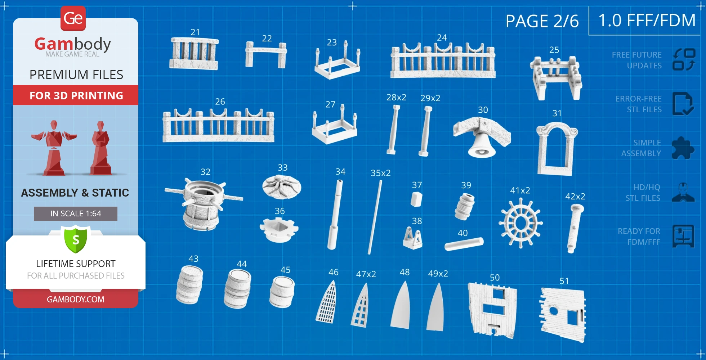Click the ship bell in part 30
pyautogui.click(x=482, y=146)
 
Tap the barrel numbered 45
pyautogui.click(x=282, y=292)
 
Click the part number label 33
pyautogui.click(x=282, y=167)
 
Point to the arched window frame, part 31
pyautogui.click(x=555, y=148)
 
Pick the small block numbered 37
pyautogui.click(x=416, y=199)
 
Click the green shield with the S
pyautogui.click(x=76, y=239)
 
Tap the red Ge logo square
pyautogui.click(x=73, y=18)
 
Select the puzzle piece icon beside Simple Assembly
pyautogui.click(x=683, y=148)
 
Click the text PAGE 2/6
pyautogui.click(x=542, y=21)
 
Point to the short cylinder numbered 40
pyautogui.click(x=464, y=244)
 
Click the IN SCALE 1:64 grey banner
pyautogui.click(x=76, y=213)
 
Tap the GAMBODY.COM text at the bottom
pyautogui.click(x=76, y=299)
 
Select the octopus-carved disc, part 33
pyautogui.click(x=282, y=186)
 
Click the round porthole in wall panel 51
pyautogui.click(x=553, y=311)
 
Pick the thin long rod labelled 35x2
pyautogui.click(x=375, y=217)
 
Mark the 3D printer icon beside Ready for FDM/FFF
pyautogui.click(x=683, y=236)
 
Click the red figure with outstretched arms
pyautogui.click(x=54, y=148)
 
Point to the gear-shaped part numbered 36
pyautogui.click(x=279, y=230)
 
